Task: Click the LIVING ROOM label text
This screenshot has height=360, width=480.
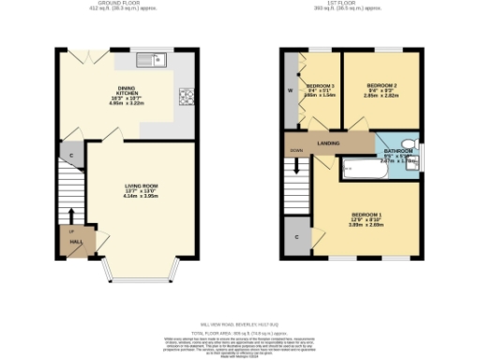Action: (142, 186)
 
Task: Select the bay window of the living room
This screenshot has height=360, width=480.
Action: (142, 272)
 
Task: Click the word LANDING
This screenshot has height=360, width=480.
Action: (329, 142)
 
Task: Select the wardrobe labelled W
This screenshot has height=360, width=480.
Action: (290, 91)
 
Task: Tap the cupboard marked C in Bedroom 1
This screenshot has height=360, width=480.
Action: (296, 237)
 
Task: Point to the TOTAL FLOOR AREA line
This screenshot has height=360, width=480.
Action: (240, 332)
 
